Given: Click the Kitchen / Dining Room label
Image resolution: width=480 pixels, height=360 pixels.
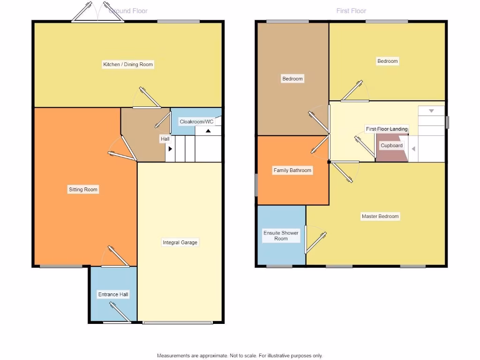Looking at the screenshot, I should [128, 64].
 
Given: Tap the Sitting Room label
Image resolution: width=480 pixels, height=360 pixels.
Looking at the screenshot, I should [83, 189].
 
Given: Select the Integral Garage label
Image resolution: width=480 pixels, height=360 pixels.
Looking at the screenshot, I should [180, 242].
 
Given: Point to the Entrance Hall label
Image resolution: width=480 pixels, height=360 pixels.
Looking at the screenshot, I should [113, 294].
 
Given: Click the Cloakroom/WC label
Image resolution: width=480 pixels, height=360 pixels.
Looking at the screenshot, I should [196, 122].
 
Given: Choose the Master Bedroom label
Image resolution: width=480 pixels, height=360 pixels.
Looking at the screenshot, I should [380, 216].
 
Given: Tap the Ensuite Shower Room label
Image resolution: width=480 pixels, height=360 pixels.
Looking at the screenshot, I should [281, 236].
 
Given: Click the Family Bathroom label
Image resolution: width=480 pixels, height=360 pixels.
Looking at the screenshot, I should [292, 170].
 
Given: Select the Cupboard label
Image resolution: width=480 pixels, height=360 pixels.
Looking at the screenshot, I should [391, 145].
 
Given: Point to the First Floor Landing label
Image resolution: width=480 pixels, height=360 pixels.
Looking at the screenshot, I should [387, 129].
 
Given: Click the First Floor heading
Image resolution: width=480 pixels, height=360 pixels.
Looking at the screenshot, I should [351, 11].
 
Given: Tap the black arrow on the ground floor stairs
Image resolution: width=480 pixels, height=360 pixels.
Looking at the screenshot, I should [170, 149].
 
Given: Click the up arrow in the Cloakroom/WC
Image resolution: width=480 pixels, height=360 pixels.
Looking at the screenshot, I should [208, 131].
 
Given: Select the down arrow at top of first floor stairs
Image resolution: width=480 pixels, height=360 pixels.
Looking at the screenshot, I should [431, 111].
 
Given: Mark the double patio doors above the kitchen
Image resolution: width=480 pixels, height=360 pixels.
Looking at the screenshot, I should [98, 12].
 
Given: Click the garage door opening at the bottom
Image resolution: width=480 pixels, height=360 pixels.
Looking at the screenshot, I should [178, 322].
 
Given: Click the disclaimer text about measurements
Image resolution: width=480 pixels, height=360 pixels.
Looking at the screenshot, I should [240, 356].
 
